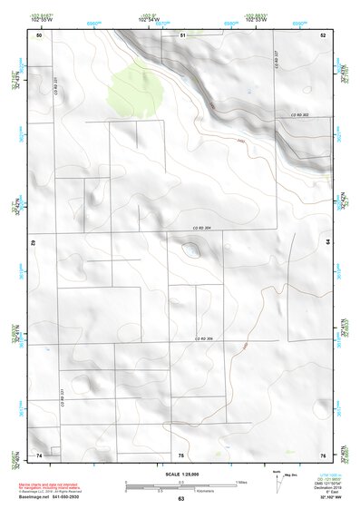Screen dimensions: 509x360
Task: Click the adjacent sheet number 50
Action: click(x=39, y=34)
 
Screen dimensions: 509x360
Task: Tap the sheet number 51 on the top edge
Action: click(x=182, y=34)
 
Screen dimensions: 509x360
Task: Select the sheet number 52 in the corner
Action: click(x=323, y=34)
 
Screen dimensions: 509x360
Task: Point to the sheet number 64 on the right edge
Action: click(x=327, y=242)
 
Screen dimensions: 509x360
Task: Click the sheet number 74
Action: click(x=39, y=454)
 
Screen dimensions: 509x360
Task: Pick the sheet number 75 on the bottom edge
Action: click(x=181, y=454)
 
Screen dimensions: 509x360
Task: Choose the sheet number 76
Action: click(x=322, y=454)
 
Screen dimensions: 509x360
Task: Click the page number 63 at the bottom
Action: click(x=180, y=499)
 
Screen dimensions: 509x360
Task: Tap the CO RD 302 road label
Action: click(x=300, y=115)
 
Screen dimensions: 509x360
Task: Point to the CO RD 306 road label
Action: click(x=203, y=338)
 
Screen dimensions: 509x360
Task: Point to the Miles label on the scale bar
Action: click(x=240, y=481)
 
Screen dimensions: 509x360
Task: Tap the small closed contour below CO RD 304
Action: click(x=191, y=250)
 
